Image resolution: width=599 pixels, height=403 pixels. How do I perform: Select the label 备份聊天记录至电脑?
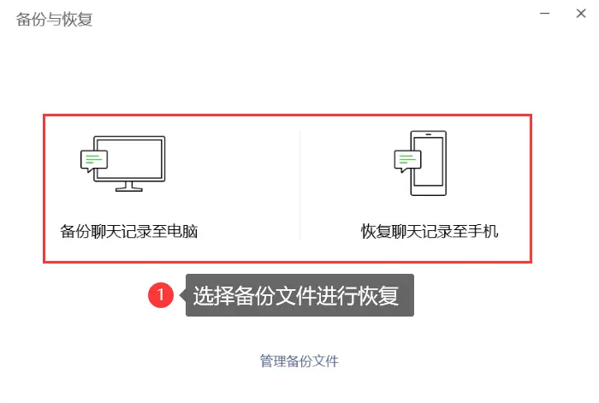[x=129, y=231]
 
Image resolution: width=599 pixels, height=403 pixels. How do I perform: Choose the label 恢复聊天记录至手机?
[x=430, y=231]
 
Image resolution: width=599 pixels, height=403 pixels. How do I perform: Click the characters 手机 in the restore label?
[x=484, y=231]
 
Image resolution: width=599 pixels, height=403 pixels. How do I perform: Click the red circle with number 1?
[x=161, y=296]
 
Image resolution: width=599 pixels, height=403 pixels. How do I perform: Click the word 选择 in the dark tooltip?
[x=210, y=296]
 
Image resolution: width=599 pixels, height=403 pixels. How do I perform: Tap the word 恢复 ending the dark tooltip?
[x=383, y=296]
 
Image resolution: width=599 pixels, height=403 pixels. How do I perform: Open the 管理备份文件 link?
[x=299, y=361]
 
